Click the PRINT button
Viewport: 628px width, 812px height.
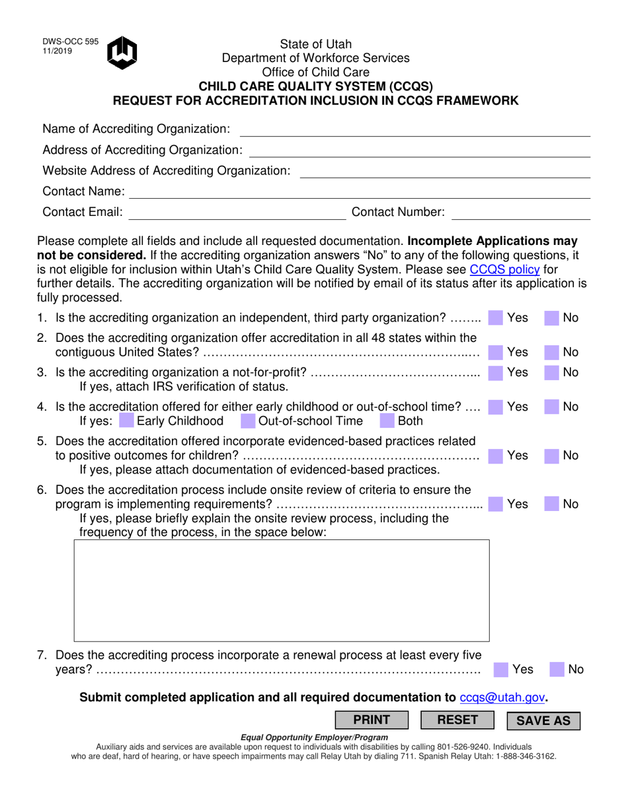(x=372, y=720)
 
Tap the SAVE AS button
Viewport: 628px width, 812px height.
(x=543, y=721)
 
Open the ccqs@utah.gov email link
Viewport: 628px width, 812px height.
(x=502, y=697)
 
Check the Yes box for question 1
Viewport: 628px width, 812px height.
(x=495, y=318)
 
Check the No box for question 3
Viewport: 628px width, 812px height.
(x=552, y=373)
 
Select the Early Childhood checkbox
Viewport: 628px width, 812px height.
(x=126, y=421)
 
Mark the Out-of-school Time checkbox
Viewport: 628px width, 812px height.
(x=248, y=421)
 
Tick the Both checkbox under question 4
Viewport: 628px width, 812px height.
(x=387, y=421)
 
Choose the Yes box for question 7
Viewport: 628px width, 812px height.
(x=502, y=669)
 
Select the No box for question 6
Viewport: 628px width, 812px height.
(x=552, y=504)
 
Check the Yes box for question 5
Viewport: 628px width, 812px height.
(x=495, y=456)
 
